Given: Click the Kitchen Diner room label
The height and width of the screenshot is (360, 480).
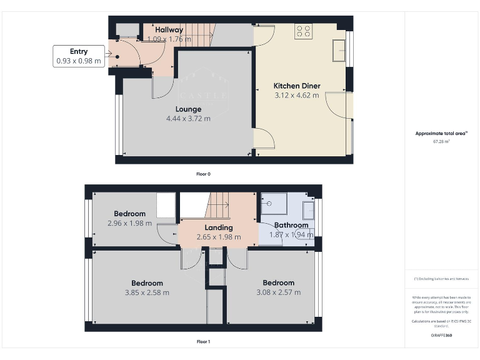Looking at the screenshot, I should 297,86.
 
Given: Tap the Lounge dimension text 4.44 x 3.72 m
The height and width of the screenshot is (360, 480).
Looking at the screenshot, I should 188,118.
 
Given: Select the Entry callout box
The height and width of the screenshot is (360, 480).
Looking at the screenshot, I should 79,56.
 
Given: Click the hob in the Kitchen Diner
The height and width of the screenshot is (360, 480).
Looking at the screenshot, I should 304,31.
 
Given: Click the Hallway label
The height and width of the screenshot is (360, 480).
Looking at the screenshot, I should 169,29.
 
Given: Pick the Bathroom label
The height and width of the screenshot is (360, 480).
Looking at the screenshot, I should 292,225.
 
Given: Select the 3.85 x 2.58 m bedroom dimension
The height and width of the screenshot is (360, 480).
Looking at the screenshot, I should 147,292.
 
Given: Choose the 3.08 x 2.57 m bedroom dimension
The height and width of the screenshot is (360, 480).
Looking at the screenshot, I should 278,292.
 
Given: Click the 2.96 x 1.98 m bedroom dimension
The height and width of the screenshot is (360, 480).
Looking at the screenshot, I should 130,223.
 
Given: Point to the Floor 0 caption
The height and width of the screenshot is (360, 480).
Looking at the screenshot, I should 203,174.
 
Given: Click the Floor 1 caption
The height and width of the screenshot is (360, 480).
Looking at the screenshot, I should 203,342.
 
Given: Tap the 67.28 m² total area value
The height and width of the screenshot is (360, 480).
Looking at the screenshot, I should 441,141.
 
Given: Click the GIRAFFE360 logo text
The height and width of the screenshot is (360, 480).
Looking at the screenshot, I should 441,336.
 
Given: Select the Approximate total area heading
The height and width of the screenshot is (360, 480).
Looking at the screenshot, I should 441,134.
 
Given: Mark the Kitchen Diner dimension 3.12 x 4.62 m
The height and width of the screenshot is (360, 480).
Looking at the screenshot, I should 297,96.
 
